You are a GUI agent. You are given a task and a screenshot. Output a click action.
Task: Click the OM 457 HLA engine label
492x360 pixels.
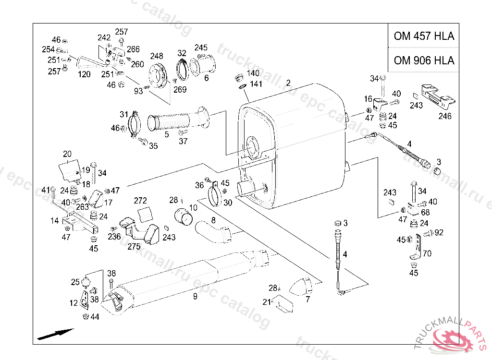pos(424,36)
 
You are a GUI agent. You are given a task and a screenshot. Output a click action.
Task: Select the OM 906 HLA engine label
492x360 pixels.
pos(424,60)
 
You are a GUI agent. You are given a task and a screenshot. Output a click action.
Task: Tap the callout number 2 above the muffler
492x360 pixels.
pos(288,83)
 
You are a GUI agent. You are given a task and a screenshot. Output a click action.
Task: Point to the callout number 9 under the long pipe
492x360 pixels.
pos(195,296)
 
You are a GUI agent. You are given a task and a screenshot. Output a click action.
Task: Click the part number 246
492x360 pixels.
pos(444,116)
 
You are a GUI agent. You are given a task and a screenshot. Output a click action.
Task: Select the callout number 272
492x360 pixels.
pos(140,200)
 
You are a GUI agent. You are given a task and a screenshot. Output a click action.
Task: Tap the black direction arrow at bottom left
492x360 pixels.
pos(55,334)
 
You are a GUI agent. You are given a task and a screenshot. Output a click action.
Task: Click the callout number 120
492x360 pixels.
pos(84,74)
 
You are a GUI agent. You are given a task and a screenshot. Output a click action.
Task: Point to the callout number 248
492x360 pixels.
pos(157,56)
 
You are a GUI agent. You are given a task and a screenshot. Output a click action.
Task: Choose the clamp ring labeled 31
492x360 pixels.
pos(135,124)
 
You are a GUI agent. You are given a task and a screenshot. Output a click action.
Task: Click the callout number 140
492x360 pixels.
pos(253,73)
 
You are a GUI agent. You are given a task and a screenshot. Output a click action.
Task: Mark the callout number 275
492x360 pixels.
pos(134,247)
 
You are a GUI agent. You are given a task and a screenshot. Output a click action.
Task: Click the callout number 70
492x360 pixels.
pos(427,253)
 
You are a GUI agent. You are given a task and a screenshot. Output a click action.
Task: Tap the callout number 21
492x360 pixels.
pos(267,302)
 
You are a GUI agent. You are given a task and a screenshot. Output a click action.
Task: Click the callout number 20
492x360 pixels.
pos(67,154)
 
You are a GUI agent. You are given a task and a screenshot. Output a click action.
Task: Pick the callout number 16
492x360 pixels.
pos(368,99)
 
